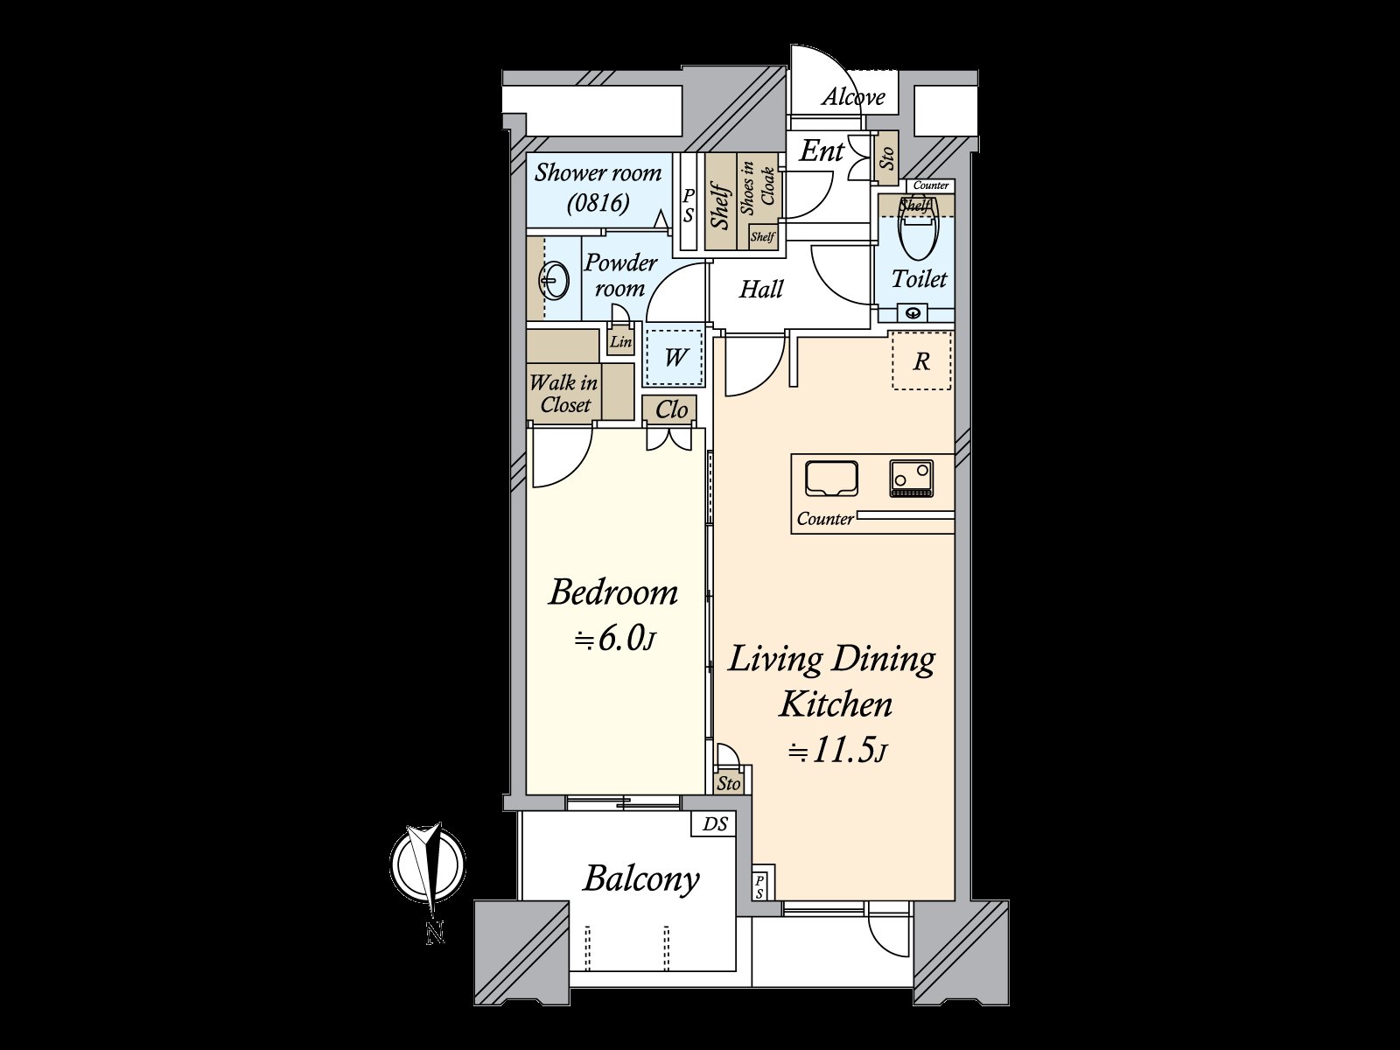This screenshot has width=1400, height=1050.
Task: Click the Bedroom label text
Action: (x=613, y=592)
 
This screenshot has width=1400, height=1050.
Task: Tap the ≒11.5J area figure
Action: (x=838, y=751)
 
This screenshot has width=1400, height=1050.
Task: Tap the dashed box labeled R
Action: (x=920, y=360)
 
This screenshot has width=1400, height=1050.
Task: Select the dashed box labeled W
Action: (x=675, y=357)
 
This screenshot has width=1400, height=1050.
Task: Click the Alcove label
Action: (x=852, y=97)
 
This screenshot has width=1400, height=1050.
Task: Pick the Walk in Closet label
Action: (x=564, y=394)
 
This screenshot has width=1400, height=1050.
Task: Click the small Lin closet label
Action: (x=620, y=341)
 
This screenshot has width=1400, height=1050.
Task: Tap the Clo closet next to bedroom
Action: (x=671, y=409)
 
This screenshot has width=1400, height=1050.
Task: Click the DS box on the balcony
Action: (x=715, y=824)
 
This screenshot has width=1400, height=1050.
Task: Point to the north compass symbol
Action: (x=428, y=866)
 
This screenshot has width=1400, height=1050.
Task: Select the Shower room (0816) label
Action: (x=598, y=187)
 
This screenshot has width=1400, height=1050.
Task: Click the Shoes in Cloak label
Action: (x=758, y=190)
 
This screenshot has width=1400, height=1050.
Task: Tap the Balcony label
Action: (x=641, y=878)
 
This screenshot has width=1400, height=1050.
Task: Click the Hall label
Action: (x=760, y=289)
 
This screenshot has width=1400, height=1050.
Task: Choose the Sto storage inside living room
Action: (x=729, y=783)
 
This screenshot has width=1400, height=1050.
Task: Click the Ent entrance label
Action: (x=822, y=151)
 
